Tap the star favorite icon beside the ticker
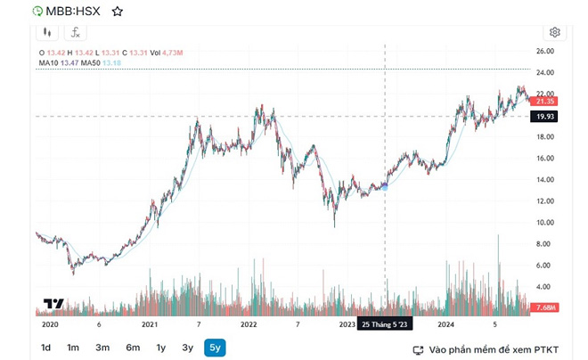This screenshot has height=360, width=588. click(x=118, y=12)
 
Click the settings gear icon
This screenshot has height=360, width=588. click(x=555, y=32)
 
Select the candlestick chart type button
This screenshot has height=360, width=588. click(x=46, y=32)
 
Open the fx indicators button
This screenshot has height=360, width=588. click(x=76, y=32)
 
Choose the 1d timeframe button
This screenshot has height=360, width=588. click(x=45, y=348)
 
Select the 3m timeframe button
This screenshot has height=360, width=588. click(x=102, y=348)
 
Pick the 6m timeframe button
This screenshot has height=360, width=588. click(x=133, y=348)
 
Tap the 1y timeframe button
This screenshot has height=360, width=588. click(x=161, y=348)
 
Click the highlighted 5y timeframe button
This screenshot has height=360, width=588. click(x=215, y=348)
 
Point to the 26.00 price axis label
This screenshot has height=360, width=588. click(x=544, y=52)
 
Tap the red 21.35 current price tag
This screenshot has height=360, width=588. click(x=545, y=102)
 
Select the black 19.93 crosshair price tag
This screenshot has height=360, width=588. click(x=545, y=117)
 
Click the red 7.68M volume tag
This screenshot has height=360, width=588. click(x=544, y=308)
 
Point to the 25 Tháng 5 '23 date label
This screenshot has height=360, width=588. click(x=385, y=325)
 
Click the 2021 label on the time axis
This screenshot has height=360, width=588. click(x=149, y=325)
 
